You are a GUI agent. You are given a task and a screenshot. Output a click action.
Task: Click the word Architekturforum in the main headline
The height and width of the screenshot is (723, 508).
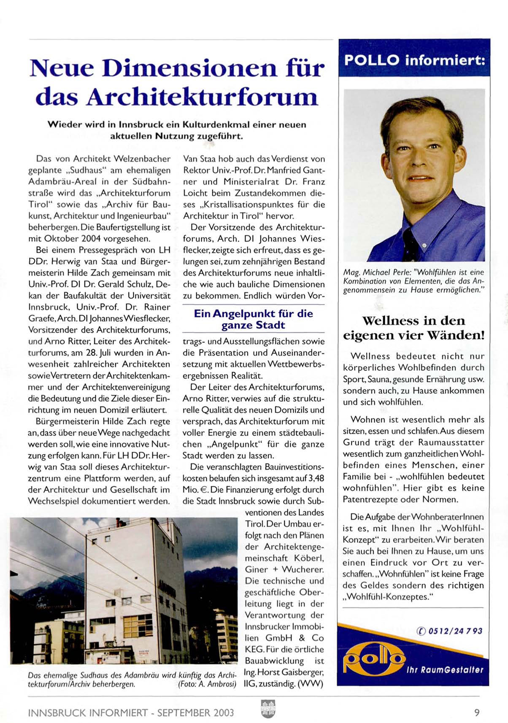click(x=202, y=97)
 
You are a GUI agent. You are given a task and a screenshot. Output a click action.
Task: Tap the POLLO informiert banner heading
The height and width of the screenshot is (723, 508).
click(x=414, y=60)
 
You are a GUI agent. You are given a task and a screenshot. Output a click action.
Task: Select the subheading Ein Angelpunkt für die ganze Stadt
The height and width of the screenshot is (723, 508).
click(x=254, y=319)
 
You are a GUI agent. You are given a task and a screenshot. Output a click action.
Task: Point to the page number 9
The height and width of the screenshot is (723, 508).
click(x=477, y=712)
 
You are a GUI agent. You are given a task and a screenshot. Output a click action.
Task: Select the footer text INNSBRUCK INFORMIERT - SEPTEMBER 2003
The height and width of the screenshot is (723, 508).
click(x=131, y=713)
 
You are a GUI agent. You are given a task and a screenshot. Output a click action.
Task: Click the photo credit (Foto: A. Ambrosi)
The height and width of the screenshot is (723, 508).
click(x=207, y=684)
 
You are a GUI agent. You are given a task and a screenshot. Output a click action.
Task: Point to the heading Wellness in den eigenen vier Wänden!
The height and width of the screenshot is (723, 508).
click(x=413, y=328)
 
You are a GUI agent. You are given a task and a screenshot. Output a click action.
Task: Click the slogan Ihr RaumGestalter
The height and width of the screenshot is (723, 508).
click(x=445, y=669)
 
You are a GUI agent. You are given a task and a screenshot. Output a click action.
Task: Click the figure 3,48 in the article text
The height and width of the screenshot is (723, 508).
click(x=316, y=478)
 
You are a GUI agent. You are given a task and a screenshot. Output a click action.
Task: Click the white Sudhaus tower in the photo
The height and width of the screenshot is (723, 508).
click(x=135, y=591)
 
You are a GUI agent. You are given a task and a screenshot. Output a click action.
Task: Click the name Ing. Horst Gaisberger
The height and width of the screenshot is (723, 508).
click(x=284, y=672)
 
